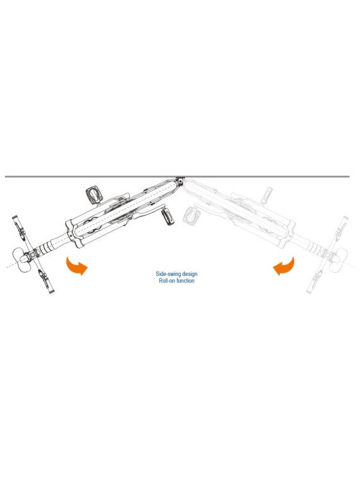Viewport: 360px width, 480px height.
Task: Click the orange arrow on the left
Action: (75, 267)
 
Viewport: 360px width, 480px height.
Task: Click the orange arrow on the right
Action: (285, 267)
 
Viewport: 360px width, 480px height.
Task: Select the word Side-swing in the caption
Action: (168, 274)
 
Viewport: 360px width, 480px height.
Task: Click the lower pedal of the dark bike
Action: (167, 217)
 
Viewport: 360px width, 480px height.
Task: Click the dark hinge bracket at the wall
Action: (181, 181)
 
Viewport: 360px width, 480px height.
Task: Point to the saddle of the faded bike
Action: (339, 260)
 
